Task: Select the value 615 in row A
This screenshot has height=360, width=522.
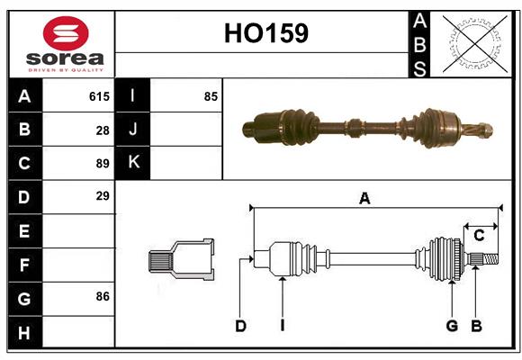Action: (x=99, y=95)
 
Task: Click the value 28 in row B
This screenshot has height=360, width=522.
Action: (x=103, y=130)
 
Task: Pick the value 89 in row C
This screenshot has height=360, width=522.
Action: (x=103, y=163)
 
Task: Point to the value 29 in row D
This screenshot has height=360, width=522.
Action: (x=103, y=196)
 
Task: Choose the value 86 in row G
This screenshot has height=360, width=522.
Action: (x=103, y=295)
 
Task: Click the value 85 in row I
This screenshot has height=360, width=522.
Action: (x=211, y=95)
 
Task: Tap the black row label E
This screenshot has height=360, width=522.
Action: (x=24, y=231)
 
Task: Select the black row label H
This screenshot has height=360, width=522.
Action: (x=24, y=333)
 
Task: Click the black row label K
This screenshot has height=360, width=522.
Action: (x=133, y=163)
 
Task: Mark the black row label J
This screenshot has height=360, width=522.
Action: (x=133, y=130)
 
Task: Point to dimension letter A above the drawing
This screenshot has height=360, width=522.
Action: (x=364, y=199)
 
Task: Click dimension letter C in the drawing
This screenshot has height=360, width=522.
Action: (x=479, y=236)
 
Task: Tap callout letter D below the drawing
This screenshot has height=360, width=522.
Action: (x=240, y=326)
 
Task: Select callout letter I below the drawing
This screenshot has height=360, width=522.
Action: (x=282, y=326)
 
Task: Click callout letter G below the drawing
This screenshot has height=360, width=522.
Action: (x=452, y=326)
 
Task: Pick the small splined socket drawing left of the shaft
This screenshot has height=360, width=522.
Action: (x=181, y=260)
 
